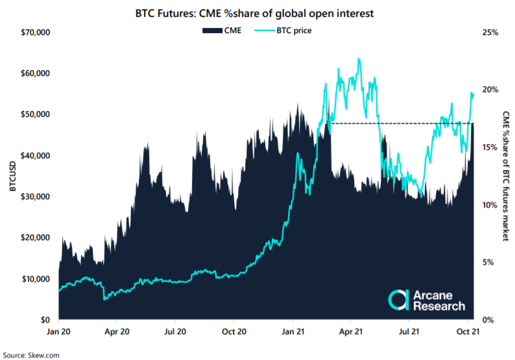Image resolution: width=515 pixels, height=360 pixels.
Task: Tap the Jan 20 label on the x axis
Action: (59, 331)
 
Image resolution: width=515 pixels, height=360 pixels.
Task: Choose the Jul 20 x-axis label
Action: (176, 331)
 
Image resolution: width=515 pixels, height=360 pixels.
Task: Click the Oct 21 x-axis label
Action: (466, 331)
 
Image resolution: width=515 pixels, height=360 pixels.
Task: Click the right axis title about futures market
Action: (506, 176)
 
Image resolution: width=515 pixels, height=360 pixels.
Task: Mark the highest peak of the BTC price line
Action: (359, 59)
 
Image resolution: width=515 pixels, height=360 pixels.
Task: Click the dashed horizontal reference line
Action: (396, 123)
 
